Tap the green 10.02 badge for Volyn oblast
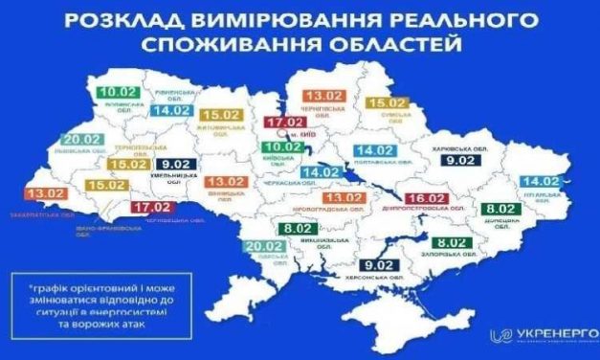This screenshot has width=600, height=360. tap(117, 93)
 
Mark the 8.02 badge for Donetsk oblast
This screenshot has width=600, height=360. tap(501, 209)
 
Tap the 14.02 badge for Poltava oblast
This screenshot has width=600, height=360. tap(375, 150)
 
